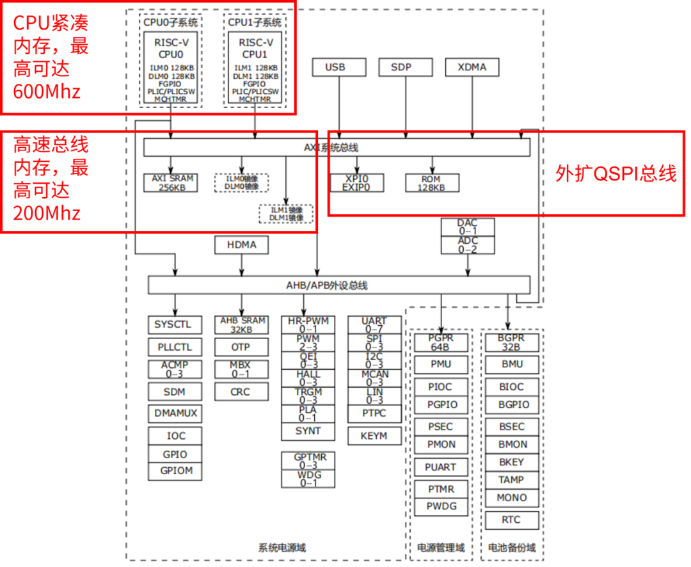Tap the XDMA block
[472, 67]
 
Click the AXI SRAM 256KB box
[170, 183]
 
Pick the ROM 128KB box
[432, 183]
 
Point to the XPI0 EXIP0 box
[356, 183]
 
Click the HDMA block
[241, 244]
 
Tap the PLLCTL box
[174, 347]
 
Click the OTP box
[241, 347]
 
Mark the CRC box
[241, 392]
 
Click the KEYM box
[374, 436]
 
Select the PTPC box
[374, 413]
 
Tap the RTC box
[511, 520]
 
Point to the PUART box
[441, 467]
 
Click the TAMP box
[511, 480]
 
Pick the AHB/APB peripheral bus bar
[339, 285]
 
